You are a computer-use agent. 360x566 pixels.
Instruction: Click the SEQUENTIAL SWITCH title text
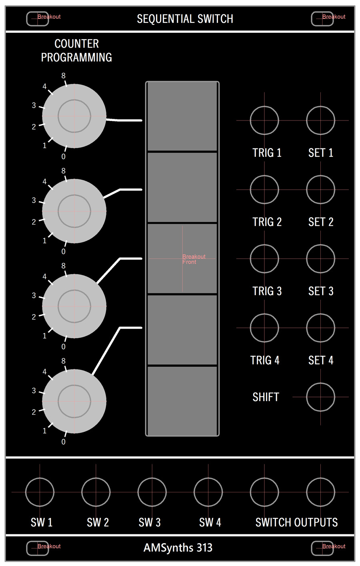coord(185,19)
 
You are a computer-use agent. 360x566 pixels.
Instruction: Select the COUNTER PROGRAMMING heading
coord(76,50)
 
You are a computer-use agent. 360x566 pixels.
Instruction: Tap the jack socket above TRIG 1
coord(264,120)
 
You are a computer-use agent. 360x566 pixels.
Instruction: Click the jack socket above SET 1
coord(320,120)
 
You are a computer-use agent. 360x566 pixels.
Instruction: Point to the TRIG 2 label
coord(267,222)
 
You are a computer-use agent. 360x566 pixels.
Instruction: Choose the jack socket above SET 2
coord(320,189)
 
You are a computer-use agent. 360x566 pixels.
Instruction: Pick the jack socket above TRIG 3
coord(264,259)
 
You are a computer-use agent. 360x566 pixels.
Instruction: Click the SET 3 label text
coord(320,291)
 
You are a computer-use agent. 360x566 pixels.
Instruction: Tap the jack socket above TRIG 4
coord(264,328)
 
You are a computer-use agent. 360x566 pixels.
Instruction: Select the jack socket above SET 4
coord(320,328)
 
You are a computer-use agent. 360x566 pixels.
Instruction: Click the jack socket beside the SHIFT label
coord(320,397)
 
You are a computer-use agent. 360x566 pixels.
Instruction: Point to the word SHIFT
coord(266,397)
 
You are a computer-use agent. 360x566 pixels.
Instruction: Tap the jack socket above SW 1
coord(40,492)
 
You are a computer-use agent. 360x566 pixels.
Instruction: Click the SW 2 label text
coord(98,522)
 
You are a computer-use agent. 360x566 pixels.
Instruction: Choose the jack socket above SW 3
coord(152,492)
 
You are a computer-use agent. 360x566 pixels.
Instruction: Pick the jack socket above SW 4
coord(208,492)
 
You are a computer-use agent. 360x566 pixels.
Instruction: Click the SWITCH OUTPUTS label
coord(296,522)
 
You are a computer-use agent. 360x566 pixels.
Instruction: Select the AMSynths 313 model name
coord(178,548)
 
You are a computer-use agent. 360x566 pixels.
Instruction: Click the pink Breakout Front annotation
coord(194,259)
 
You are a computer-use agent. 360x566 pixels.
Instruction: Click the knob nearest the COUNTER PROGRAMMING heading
coord(74,116)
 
